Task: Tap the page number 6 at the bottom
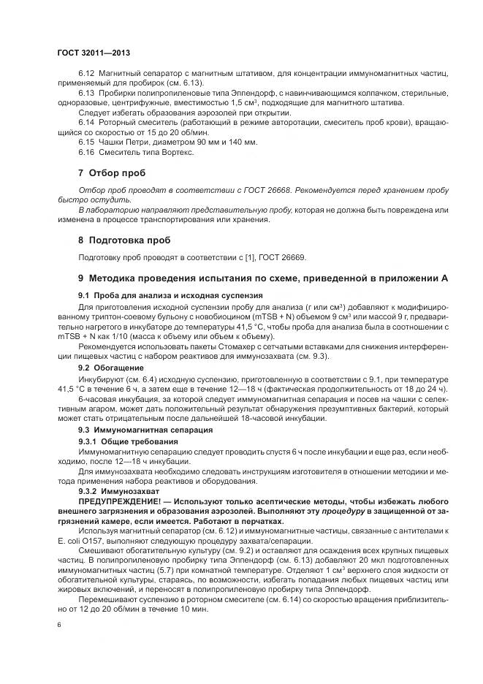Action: pyautogui.click(x=59, y=625)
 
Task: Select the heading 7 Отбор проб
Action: pyautogui.click(x=112, y=173)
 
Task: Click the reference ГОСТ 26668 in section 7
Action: pyautogui.click(x=269, y=190)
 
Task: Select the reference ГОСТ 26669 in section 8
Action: pyautogui.click(x=285, y=256)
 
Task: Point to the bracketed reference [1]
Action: pyautogui.click(x=243, y=256)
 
